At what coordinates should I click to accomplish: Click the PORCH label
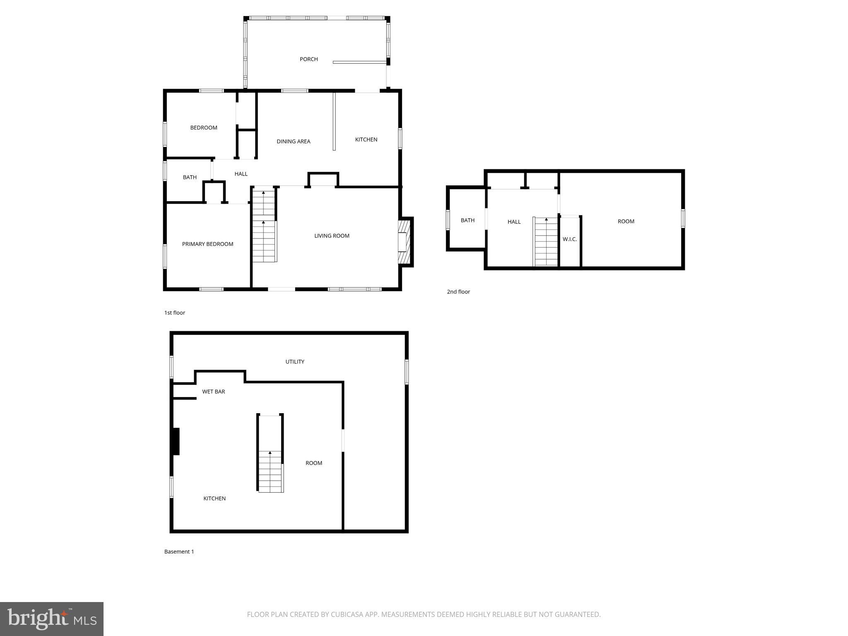point(309,59)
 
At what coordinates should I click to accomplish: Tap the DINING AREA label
point(294,142)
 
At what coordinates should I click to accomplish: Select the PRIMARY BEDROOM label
point(207,244)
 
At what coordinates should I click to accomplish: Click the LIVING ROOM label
point(332,236)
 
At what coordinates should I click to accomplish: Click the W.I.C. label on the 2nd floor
point(570,239)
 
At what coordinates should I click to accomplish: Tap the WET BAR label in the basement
point(214,392)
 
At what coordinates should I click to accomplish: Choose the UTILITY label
point(295,362)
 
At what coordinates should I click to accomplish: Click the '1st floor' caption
point(175,313)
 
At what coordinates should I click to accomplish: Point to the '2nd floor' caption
point(458,292)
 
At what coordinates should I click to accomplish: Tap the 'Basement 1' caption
point(179,552)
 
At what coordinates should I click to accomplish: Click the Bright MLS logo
point(52,619)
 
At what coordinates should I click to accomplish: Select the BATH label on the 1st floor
point(190,178)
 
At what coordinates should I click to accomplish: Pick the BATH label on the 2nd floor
point(467,221)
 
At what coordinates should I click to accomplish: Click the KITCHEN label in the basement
point(214,499)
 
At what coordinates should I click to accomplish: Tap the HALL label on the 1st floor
point(241,174)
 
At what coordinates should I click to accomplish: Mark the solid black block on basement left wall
point(176,441)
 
